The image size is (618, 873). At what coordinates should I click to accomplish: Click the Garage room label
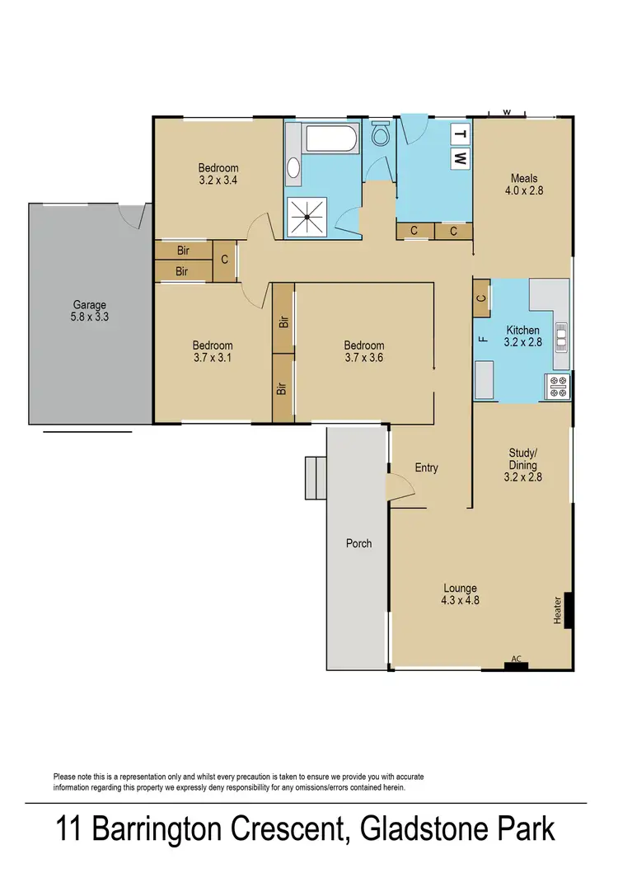[x=90, y=310]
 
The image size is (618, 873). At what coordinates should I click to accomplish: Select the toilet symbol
[x=381, y=134]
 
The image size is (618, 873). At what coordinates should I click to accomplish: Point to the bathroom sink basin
[x=293, y=168]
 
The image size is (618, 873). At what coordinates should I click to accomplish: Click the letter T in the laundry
[x=461, y=134]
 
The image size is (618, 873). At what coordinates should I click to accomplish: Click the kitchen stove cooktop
[x=556, y=385]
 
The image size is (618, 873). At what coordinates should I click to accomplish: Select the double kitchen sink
[x=561, y=336]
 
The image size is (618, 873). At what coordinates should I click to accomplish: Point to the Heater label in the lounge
[x=558, y=610]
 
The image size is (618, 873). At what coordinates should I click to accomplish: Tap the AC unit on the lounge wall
[x=516, y=664]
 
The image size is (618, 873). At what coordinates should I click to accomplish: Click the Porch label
[x=358, y=543]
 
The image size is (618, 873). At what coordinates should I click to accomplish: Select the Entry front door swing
[x=401, y=489]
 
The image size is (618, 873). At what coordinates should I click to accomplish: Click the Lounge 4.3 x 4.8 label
[x=461, y=594]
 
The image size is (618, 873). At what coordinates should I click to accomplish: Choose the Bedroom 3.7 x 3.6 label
[x=363, y=351]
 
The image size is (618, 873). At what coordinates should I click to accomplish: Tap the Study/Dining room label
[x=523, y=465]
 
